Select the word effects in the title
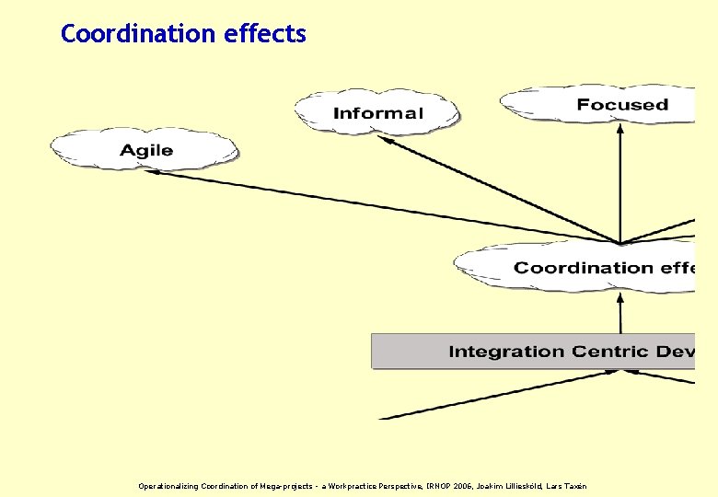pyautogui.click(x=264, y=34)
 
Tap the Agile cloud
pyautogui.click(x=145, y=150)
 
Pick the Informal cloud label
pyautogui.click(x=377, y=113)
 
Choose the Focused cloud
pyautogui.click(x=621, y=104)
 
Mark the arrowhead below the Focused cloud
pyautogui.click(x=620, y=130)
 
